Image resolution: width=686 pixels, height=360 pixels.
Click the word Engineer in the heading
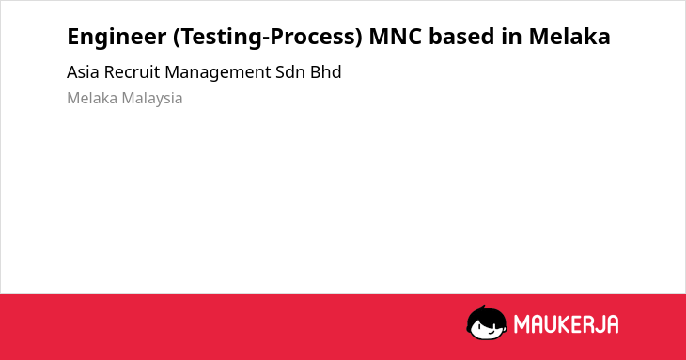117,38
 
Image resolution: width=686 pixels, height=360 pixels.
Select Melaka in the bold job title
569,36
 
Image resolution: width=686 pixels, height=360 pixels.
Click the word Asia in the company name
83,72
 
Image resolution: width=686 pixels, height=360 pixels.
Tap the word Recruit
132,72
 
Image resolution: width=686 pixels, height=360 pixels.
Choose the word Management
218,73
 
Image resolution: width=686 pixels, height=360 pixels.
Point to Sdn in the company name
290,72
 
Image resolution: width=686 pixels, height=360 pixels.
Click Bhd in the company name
325,72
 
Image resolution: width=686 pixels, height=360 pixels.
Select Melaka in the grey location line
92,98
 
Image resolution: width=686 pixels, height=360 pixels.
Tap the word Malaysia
152,99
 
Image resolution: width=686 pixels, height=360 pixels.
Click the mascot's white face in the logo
487,328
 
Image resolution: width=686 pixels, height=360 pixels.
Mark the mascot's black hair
486,315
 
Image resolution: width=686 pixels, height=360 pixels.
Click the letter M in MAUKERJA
522,324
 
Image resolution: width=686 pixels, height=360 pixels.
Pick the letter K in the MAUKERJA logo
564,324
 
